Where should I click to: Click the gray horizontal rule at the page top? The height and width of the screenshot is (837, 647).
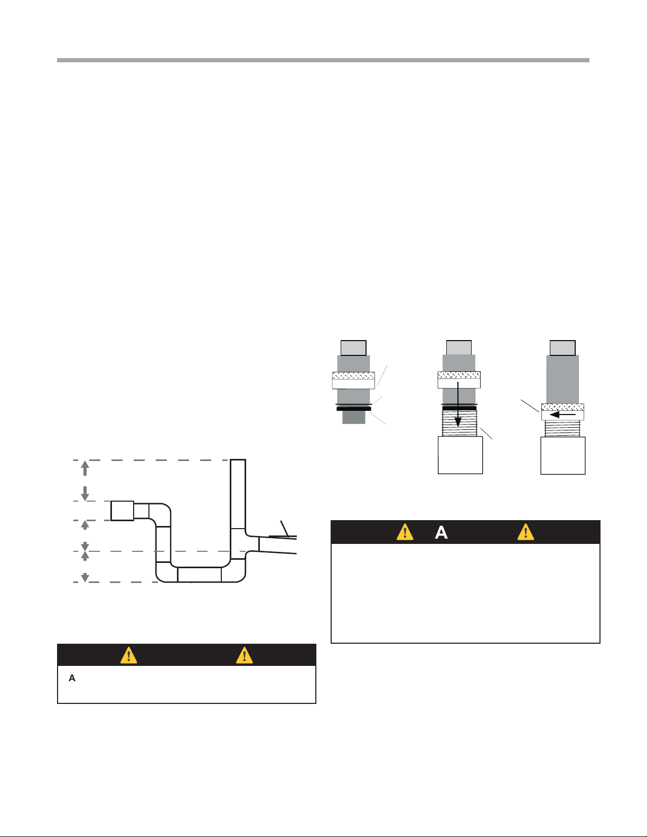tap(323, 60)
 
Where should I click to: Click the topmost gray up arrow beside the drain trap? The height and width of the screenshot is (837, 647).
tap(85, 468)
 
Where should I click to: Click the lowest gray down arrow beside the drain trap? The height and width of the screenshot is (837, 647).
tap(85, 577)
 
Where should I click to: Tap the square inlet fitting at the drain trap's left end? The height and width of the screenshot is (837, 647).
tap(123, 511)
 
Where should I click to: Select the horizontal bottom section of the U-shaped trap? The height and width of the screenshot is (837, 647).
tap(200, 575)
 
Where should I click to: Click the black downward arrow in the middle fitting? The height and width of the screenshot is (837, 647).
tap(458, 405)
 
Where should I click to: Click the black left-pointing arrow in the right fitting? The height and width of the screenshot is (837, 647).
tap(562, 415)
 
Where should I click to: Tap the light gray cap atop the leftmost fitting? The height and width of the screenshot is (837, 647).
tap(353, 348)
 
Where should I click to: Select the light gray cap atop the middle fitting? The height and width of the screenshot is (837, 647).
tap(459, 347)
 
